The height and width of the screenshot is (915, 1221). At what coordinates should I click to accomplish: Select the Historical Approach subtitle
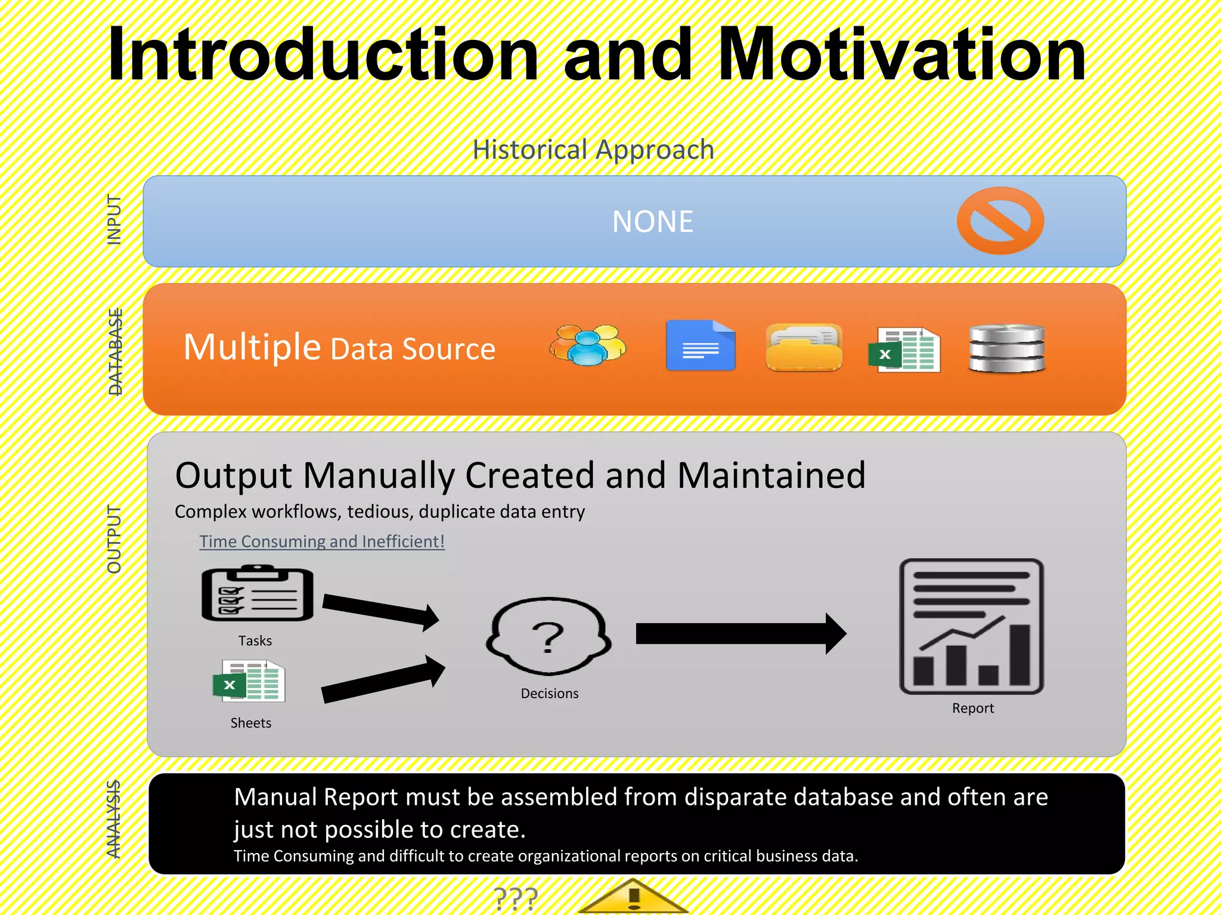pos(593,150)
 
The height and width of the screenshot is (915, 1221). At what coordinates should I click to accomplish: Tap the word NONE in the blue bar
pos(653,222)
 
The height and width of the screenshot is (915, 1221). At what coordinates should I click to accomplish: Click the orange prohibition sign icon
pos(1000,220)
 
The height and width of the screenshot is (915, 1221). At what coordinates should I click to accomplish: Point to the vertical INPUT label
pos(114,219)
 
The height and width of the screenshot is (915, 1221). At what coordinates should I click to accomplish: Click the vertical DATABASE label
pos(115,351)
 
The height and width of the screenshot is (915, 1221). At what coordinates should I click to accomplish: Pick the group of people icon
pos(588,346)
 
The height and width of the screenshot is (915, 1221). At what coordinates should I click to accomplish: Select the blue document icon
pos(701,346)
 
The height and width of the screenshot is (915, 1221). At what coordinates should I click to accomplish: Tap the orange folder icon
pos(804,347)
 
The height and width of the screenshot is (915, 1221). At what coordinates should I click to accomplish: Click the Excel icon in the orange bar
pos(904,350)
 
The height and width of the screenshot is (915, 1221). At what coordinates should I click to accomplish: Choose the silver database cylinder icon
pos(1006,348)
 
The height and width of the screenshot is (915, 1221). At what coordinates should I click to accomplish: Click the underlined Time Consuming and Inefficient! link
pos(322,541)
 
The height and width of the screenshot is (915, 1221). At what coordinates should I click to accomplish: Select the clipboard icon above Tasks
pos(257,594)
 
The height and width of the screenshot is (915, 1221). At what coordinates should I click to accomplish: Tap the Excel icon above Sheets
pos(249,681)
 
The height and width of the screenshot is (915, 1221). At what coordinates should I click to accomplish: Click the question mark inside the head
pos(548,637)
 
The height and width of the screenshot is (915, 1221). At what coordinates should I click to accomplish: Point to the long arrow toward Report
pos(740,634)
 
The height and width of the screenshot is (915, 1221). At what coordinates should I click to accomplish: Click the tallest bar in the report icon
pos(1019,655)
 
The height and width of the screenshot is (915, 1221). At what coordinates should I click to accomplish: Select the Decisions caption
pos(549,693)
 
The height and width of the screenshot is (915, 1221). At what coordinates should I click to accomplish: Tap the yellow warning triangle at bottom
pos(633,898)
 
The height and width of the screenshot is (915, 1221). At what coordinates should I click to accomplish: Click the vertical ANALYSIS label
pos(113,819)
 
